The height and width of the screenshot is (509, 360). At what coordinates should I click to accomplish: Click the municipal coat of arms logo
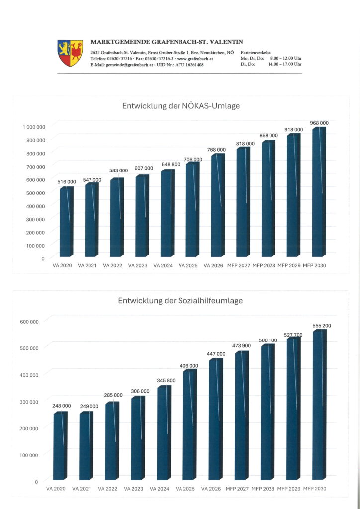click(x=70, y=53)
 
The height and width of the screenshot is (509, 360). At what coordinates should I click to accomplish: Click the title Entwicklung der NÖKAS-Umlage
click(x=181, y=106)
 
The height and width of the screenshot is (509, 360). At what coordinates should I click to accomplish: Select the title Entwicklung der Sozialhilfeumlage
click(x=180, y=301)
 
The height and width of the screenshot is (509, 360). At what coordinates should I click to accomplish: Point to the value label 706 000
click(x=193, y=160)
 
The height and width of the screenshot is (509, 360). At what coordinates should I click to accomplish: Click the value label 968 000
click(x=320, y=123)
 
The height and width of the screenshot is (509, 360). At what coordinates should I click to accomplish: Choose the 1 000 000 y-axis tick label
click(x=34, y=127)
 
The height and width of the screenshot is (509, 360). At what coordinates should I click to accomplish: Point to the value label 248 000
click(x=62, y=406)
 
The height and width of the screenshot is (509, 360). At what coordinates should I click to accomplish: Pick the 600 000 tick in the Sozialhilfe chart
click(x=29, y=321)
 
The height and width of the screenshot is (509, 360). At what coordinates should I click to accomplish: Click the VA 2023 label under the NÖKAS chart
click(x=138, y=266)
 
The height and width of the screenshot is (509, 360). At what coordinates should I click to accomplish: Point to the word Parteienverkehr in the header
click(x=256, y=52)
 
